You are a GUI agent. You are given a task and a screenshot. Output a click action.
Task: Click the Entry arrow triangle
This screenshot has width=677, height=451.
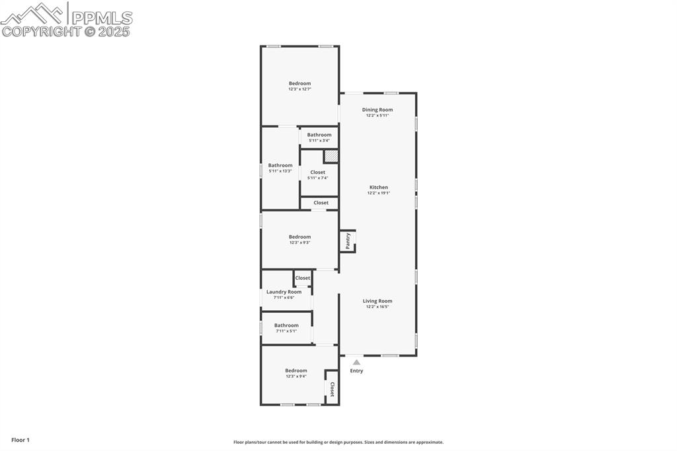356,362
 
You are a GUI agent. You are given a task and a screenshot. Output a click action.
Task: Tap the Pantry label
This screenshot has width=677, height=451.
348,241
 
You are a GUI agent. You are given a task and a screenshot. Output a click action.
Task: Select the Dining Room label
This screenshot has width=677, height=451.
378,110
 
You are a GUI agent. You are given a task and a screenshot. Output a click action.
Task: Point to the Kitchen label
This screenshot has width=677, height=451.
379,187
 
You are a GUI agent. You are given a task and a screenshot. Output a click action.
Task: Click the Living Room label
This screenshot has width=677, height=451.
378,301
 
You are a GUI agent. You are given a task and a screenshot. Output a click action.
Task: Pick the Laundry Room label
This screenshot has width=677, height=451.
284,292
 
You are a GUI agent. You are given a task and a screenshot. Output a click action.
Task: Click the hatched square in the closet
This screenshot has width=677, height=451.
331,156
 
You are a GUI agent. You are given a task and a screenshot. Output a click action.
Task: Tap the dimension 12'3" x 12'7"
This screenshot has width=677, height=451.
299,89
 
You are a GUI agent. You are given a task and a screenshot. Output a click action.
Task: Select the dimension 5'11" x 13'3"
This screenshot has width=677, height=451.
280,171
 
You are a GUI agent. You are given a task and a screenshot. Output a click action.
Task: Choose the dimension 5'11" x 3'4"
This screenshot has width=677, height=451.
319,141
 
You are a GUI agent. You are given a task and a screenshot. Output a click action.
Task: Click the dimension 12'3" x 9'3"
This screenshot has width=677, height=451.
299,243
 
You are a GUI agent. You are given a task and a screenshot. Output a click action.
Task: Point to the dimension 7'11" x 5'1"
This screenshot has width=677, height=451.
286,331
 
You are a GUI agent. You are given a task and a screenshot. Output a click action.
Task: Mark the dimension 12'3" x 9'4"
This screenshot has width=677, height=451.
296,376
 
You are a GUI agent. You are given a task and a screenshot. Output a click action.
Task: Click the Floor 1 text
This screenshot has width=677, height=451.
20,440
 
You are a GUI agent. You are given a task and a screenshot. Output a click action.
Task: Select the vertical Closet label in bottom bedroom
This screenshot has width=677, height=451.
332,389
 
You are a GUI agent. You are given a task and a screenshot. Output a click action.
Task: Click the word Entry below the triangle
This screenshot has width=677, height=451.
356,371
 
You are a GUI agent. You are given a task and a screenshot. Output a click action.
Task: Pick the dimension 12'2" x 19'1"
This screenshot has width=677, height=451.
379,193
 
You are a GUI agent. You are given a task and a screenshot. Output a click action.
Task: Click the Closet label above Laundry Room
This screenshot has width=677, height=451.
303,278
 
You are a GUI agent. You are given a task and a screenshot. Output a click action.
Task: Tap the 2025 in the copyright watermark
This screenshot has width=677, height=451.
114,31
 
